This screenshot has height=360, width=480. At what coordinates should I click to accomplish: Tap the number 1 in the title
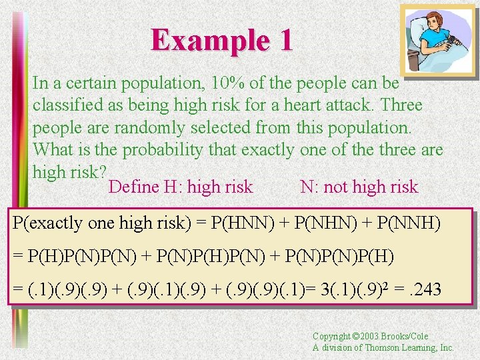[285, 40]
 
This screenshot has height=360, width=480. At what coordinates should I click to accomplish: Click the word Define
[133, 187]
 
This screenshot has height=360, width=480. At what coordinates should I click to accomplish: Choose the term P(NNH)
[405, 223]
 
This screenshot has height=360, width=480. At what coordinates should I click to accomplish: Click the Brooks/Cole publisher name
[407, 337]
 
